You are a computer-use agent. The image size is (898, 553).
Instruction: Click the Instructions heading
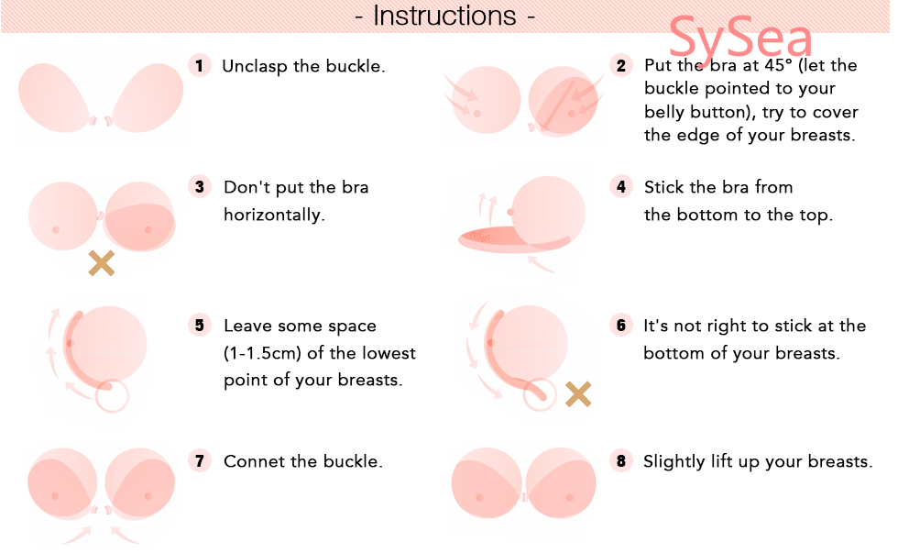coord(445,16)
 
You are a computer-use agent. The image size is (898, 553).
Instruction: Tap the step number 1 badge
coord(200,65)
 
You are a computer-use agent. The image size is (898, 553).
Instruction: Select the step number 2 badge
coord(621,65)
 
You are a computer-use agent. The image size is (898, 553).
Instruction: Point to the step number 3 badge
coord(200,187)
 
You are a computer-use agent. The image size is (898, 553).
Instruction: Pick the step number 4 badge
coord(621,186)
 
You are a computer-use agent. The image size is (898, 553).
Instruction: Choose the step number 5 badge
coord(200,326)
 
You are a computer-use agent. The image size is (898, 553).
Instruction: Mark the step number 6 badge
coord(621,326)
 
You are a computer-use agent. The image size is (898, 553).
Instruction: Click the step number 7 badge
coord(200,460)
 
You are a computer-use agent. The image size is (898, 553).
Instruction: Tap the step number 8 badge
coord(621,460)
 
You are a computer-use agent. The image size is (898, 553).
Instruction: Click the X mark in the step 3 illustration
coord(102,263)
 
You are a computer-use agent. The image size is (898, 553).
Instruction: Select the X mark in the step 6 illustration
coord(578,394)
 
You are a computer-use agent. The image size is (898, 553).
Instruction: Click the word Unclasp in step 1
coord(255,66)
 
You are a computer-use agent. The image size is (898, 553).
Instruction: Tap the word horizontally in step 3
coord(274,215)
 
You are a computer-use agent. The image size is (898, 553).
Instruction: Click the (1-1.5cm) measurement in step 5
coord(262,353)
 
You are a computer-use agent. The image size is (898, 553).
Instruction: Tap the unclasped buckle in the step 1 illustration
coord(100,121)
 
